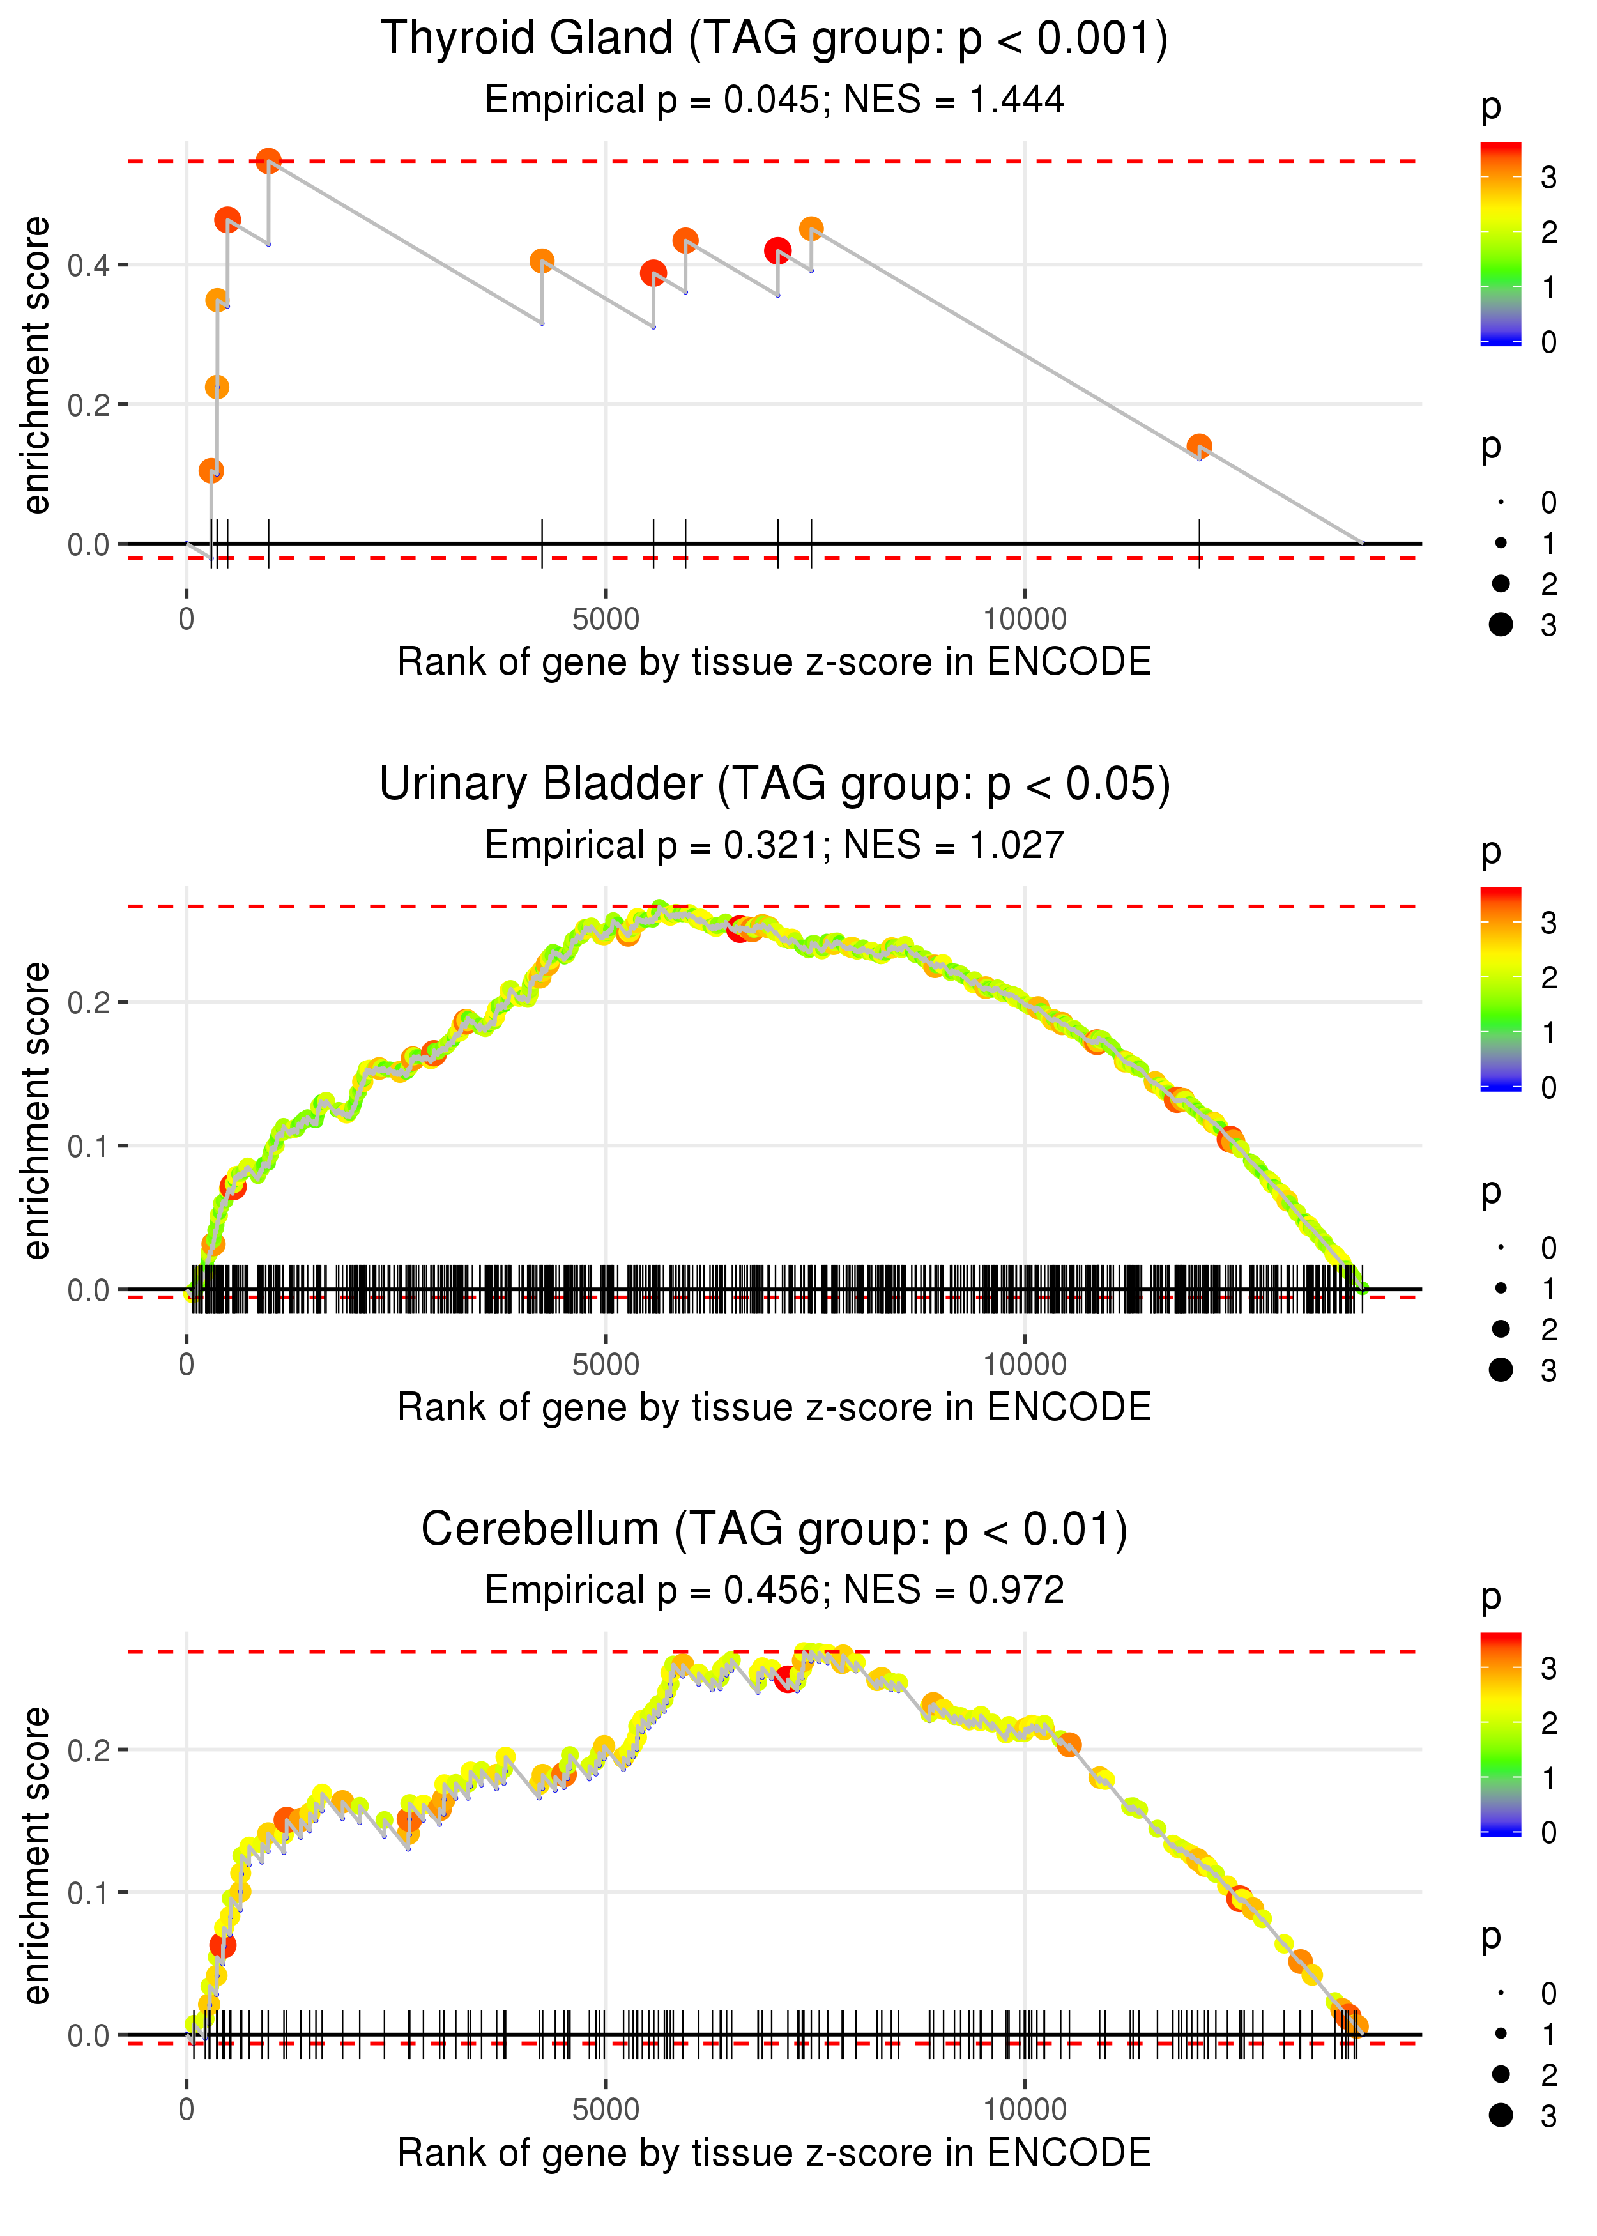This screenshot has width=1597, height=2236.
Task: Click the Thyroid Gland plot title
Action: [x=774, y=40]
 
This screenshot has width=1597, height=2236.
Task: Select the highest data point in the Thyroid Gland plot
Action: [x=268, y=160]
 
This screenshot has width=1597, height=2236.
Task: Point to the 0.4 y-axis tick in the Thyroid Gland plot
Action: [x=89, y=266]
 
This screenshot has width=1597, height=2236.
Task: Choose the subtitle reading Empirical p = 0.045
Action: [x=774, y=100]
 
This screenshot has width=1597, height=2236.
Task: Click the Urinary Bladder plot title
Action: [x=774, y=785]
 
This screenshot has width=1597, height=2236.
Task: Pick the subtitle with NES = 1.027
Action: [x=774, y=846]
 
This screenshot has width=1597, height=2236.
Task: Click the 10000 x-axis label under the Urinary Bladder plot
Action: [x=1025, y=1364]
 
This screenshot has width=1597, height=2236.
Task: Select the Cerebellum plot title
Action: [x=774, y=1530]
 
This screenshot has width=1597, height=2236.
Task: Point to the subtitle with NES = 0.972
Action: [x=774, y=1590]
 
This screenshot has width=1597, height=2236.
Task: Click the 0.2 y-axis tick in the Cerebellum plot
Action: [x=89, y=1750]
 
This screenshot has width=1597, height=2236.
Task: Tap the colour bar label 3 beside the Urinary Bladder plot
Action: [x=1549, y=923]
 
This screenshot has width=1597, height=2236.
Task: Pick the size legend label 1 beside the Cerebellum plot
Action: [x=1549, y=2033]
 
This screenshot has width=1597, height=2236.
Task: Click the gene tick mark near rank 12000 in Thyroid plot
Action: [x=1199, y=543]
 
